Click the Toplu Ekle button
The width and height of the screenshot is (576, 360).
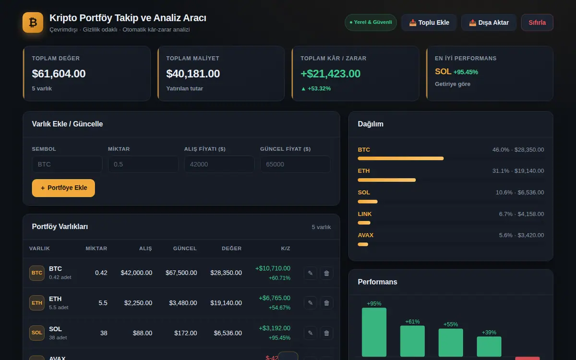[x=429, y=23]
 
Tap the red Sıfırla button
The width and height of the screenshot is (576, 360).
[x=537, y=23]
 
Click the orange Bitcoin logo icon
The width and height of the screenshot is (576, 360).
[x=33, y=23]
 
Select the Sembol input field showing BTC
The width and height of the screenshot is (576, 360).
[x=67, y=164]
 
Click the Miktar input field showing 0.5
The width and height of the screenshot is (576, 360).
[x=143, y=164]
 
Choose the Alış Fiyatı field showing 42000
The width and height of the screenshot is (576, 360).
[x=219, y=164]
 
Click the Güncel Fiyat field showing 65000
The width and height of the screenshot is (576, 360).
[x=296, y=164]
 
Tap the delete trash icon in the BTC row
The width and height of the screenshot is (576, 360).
[x=326, y=273]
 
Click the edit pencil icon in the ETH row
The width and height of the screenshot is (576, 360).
[x=311, y=303]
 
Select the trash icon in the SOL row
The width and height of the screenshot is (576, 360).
[x=326, y=333]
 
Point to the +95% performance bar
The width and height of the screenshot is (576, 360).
[x=374, y=332]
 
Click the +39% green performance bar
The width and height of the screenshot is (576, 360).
[x=489, y=347]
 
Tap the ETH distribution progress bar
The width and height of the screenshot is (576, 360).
[x=387, y=180]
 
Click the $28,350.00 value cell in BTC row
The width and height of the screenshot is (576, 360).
[x=226, y=273]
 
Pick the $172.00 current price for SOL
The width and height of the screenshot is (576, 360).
[x=185, y=333]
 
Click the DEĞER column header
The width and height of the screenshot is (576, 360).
[x=232, y=249]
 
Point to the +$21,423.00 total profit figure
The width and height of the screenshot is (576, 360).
[x=330, y=74]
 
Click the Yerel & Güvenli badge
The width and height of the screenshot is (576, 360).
[x=371, y=23]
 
